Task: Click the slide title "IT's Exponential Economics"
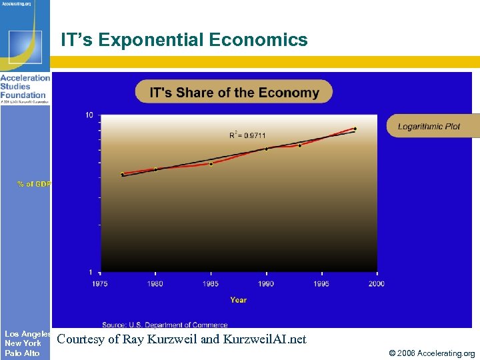(184, 40)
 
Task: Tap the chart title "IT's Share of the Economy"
(234, 92)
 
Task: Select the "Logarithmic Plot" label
(429, 127)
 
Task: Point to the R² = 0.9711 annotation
(247, 135)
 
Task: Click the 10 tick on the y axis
(89, 115)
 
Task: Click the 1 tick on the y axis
(91, 272)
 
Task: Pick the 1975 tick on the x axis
(101, 284)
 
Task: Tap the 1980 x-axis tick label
(155, 284)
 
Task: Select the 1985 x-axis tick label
(211, 284)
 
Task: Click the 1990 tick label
(266, 284)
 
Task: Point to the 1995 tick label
(321, 284)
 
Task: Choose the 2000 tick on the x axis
(376, 284)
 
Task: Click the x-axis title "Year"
(238, 300)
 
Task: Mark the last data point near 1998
(355, 129)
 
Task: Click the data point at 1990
(267, 149)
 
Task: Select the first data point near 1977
(123, 174)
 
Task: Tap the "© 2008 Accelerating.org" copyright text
(432, 353)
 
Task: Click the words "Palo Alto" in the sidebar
(22, 353)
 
